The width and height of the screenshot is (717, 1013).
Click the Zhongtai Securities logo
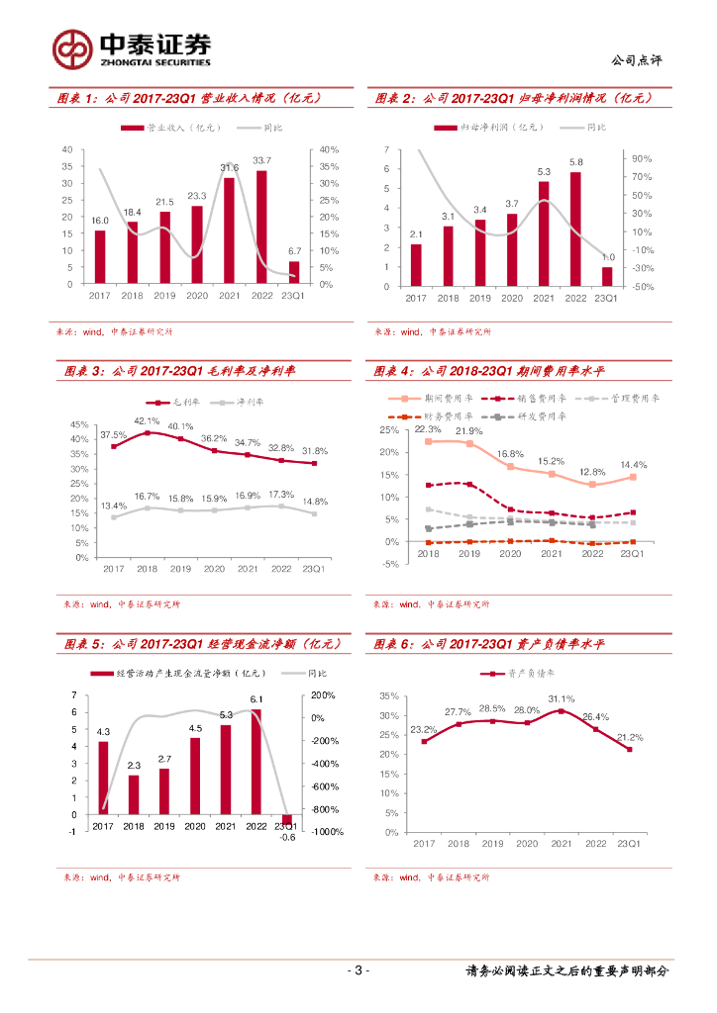[132, 47]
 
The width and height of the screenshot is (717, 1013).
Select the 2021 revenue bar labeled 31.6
[230, 230]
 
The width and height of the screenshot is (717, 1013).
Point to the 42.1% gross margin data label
[147, 420]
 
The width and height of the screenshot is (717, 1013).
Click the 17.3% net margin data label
[281, 494]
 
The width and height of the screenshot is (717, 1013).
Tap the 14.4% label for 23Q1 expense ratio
[634, 464]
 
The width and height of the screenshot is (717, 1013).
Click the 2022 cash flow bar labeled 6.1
[256, 762]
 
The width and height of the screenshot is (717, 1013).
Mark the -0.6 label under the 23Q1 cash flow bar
[287, 837]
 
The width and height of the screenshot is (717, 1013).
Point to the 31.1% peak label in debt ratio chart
[561, 698]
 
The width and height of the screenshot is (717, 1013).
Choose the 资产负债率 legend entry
[519, 674]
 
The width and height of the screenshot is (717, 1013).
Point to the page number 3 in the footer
[358, 969]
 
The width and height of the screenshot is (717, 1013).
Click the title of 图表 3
[180, 372]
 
